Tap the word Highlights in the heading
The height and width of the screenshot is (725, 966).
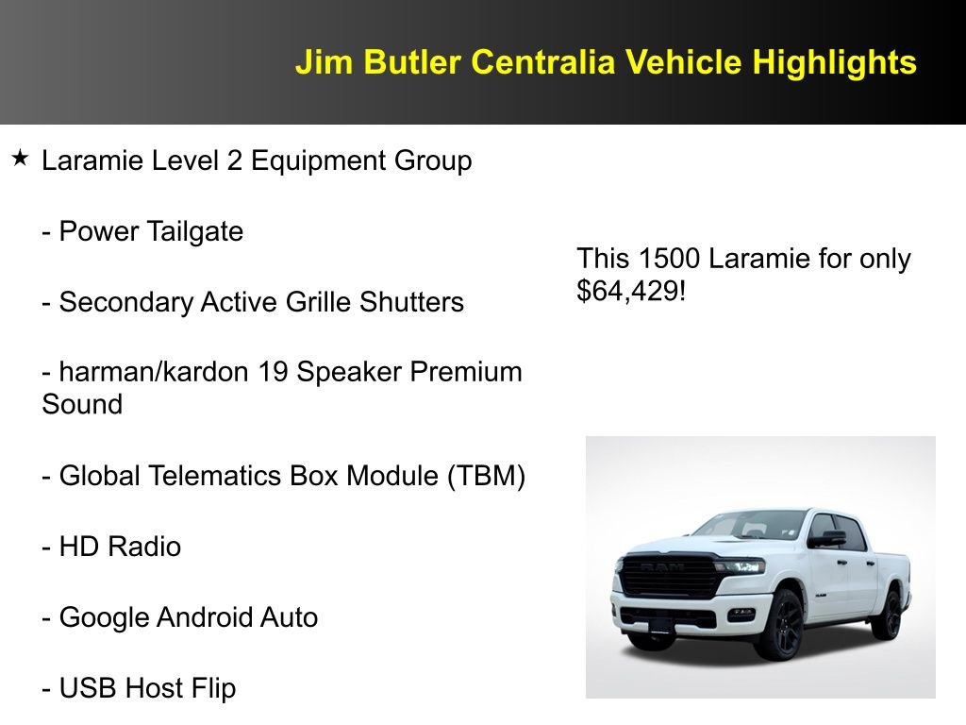pyautogui.click(x=834, y=62)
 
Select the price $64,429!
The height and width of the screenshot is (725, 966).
pyautogui.click(x=631, y=291)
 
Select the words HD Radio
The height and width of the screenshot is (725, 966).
pyautogui.click(x=120, y=547)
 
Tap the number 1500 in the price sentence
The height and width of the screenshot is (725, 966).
pyautogui.click(x=669, y=258)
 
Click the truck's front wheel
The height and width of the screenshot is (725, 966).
pyautogui.click(x=779, y=624)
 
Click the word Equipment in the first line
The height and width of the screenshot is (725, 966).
pyautogui.click(x=317, y=161)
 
